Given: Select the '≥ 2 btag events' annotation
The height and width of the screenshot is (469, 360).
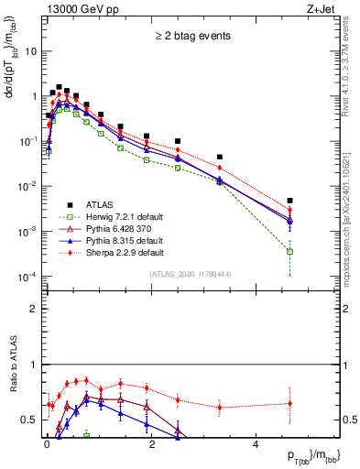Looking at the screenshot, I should [x=193, y=37].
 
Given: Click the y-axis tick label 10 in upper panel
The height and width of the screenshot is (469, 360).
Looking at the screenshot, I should [x=32, y=51].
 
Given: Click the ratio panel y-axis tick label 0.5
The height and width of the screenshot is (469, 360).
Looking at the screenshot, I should [x=30, y=420].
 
